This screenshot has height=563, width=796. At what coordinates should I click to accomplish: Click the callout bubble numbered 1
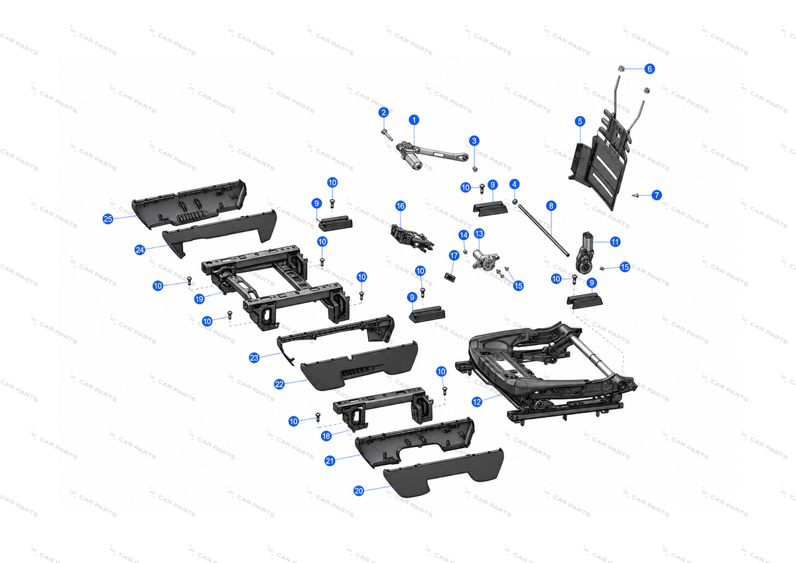tap(414, 120)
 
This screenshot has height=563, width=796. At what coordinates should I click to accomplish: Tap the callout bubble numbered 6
tap(649, 69)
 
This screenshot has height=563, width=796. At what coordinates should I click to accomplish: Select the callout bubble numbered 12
tap(477, 402)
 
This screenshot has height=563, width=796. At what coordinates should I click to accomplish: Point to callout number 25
tap(107, 219)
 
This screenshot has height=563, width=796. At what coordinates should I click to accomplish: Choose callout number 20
tap(359, 491)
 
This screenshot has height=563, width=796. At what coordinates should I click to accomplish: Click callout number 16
tap(401, 206)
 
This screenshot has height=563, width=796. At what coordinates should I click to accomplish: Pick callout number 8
tap(551, 206)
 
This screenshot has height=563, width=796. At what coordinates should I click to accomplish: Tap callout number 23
tap(254, 357)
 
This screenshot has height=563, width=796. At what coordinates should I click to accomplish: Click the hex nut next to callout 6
tap(622, 68)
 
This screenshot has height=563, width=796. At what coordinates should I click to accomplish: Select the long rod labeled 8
tap(544, 229)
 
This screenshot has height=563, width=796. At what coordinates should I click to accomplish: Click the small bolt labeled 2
tap(387, 135)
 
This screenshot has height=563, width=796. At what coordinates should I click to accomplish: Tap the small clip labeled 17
tap(450, 277)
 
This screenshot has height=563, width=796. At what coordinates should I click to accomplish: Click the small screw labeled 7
tap(635, 195)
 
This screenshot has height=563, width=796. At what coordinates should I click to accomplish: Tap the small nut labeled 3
tap(475, 168)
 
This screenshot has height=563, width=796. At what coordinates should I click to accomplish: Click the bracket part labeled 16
tap(412, 237)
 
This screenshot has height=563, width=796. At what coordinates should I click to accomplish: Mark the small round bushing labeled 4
tap(514, 202)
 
